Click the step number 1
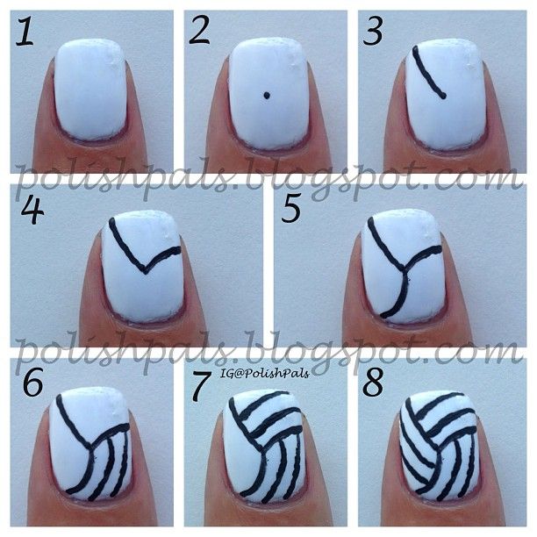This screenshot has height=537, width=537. (25, 32)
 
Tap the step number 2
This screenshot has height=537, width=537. (199, 31)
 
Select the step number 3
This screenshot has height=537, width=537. (372, 32)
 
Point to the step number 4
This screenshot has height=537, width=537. (32, 211)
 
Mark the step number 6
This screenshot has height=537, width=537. (32, 382)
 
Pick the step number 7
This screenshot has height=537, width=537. (201, 386)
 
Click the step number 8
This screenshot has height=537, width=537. (373, 382)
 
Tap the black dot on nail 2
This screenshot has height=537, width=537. (267, 96)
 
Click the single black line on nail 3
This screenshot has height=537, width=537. (427, 74)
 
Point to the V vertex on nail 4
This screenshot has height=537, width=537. (145, 272)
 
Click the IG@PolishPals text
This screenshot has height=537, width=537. (265, 373)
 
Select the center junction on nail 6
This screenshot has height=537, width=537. (90, 447)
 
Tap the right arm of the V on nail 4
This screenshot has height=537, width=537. (162, 258)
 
